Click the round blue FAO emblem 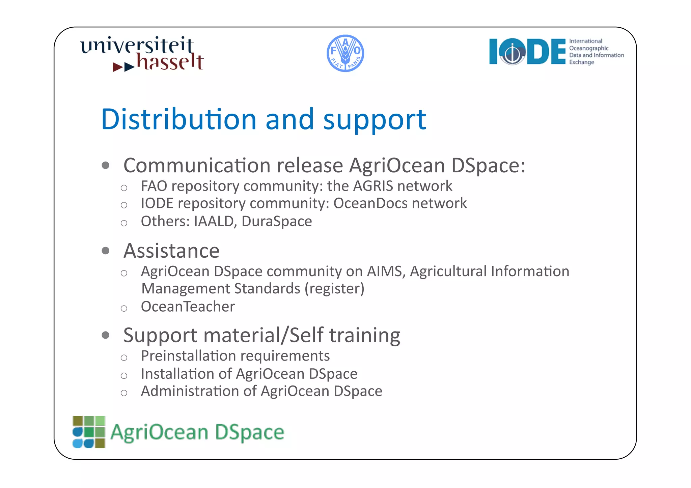(x=345, y=53)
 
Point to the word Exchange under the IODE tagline (x=581, y=62)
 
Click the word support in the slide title (x=375, y=119)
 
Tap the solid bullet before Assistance (x=106, y=251)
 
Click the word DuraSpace (x=277, y=222)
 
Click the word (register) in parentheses (x=334, y=289)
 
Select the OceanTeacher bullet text (x=188, y=307)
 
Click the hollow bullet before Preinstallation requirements (x=124, y=358)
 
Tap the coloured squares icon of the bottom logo (x=89, y=432)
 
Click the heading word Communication (x=197, y=166)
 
